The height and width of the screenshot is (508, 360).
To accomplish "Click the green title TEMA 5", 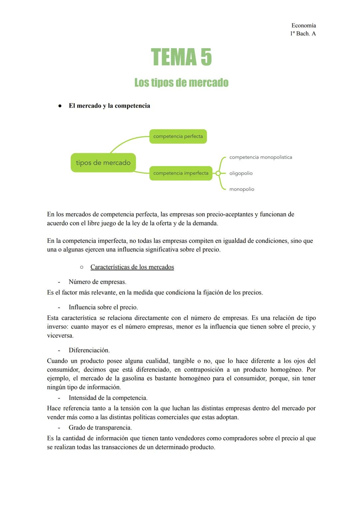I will [x=181, y=57].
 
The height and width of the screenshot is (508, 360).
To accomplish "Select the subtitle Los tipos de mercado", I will [x=181, y=83].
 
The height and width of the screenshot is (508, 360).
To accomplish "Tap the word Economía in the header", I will [x=303, y=25].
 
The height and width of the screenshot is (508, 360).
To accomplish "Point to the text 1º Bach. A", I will [x=303, y=34].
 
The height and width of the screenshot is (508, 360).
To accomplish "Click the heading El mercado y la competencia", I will [x=109, y=106].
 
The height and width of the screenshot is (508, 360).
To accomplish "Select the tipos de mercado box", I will [x=103, y=163].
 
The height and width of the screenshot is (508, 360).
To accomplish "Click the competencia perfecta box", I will [x=178, y=137].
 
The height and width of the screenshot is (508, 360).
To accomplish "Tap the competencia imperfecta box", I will [x=181, y=173].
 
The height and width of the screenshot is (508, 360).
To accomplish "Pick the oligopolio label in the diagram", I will [x=241, y=173].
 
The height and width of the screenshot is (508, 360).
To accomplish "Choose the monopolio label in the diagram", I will [x=242, y=189].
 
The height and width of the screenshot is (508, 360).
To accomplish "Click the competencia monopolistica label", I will [x=261, y=157].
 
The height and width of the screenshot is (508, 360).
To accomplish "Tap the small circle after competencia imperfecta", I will [x=218, y=173].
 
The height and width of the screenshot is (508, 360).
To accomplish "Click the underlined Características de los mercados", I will [x=132, y=267].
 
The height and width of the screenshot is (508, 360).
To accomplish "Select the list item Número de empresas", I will [x=97, y=282].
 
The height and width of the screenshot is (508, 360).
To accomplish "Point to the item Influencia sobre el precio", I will [x=103, y=307].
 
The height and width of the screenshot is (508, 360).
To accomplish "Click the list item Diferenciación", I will [x=89, y=350].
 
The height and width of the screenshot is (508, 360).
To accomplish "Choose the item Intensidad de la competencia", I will [x=108, y=398].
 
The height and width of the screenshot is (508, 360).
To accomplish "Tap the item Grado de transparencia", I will [x=100, y=427].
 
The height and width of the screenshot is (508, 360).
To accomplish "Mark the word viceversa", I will [x=60, y=335].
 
